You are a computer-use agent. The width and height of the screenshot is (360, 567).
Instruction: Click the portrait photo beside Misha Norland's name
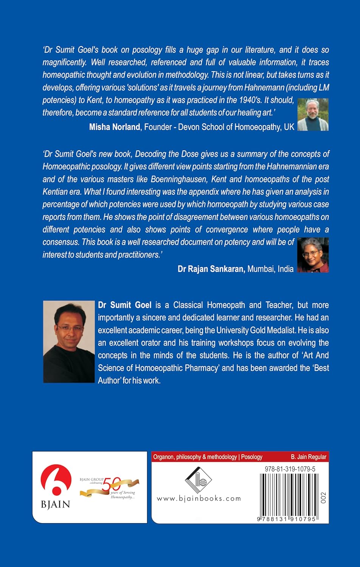pos(313,115)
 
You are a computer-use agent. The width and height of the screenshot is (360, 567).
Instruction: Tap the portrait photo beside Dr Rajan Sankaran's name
pos(313,255)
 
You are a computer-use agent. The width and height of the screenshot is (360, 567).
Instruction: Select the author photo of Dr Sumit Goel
pos(68,341)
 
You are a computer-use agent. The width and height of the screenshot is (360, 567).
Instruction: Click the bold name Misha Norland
pos(114,127)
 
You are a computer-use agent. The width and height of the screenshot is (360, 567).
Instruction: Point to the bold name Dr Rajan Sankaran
pos(211,269)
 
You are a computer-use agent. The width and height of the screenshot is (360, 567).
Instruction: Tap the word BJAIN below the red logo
pos(55,504)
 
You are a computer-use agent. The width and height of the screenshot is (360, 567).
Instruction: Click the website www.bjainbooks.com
pos(199,498)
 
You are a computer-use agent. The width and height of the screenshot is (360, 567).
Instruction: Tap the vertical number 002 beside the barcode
pos(323,497)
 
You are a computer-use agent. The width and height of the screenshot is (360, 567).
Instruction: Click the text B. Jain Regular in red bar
pos(309,457)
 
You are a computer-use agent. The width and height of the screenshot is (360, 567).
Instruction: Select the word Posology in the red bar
pos(252,457)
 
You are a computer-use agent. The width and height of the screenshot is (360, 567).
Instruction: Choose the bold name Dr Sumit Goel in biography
pos(125,305)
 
